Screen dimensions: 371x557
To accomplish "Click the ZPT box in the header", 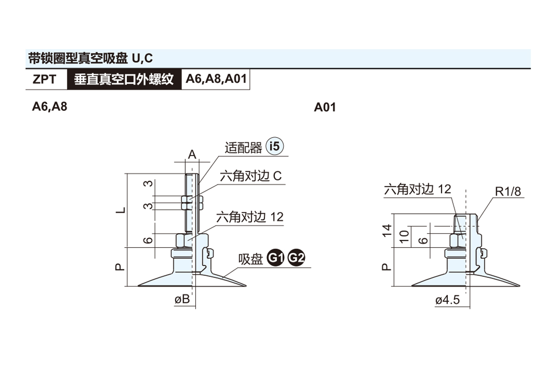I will [45, 79].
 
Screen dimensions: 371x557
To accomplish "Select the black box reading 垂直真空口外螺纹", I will [124, 79].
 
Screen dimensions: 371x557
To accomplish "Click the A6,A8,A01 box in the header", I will [216, 79].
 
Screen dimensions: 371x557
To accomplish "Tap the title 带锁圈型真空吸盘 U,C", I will [91, 58].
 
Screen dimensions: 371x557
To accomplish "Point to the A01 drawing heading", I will [325, 108].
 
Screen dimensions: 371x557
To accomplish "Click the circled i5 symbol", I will [274, 147].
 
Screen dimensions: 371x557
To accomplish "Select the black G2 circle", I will [296, 258].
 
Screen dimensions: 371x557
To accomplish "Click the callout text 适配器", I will [243, 148].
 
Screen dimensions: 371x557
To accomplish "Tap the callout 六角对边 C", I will [251, 177].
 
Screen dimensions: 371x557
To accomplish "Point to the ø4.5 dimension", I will [447, 301].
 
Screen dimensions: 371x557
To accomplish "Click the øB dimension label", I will [182, 300].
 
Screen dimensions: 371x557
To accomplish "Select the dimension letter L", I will [121, 210].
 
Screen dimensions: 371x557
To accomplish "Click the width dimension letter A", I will [192, 154].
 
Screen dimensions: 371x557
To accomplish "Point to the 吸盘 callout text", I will [251, 259].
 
